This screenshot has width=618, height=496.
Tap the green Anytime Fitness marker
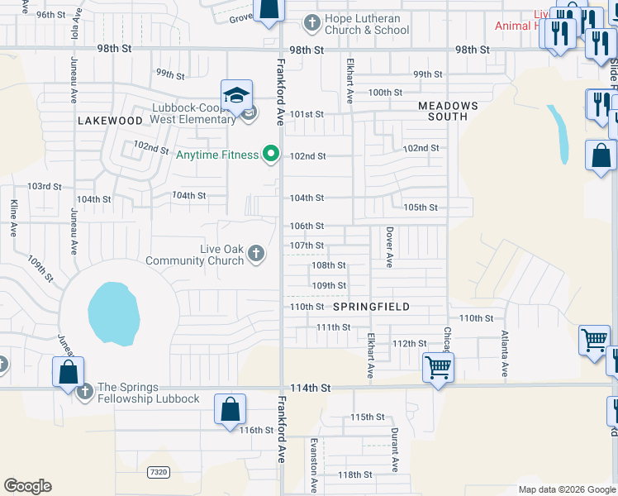(269, 153)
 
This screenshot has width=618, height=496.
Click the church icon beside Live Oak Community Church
(256, 253)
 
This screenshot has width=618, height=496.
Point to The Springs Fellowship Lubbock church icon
(83, 391)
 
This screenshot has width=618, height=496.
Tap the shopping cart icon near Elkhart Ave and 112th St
(438, 365)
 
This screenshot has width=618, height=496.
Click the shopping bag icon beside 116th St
(230, 409)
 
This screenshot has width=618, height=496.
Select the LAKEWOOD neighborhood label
(111, 121)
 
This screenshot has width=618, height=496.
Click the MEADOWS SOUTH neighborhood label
(448, 111)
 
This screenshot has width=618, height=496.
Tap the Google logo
(27, 486)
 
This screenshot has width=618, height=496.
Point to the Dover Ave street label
(388, 248)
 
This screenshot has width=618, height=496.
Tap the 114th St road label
(311, 388)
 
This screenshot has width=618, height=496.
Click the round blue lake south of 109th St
(113, 313)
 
